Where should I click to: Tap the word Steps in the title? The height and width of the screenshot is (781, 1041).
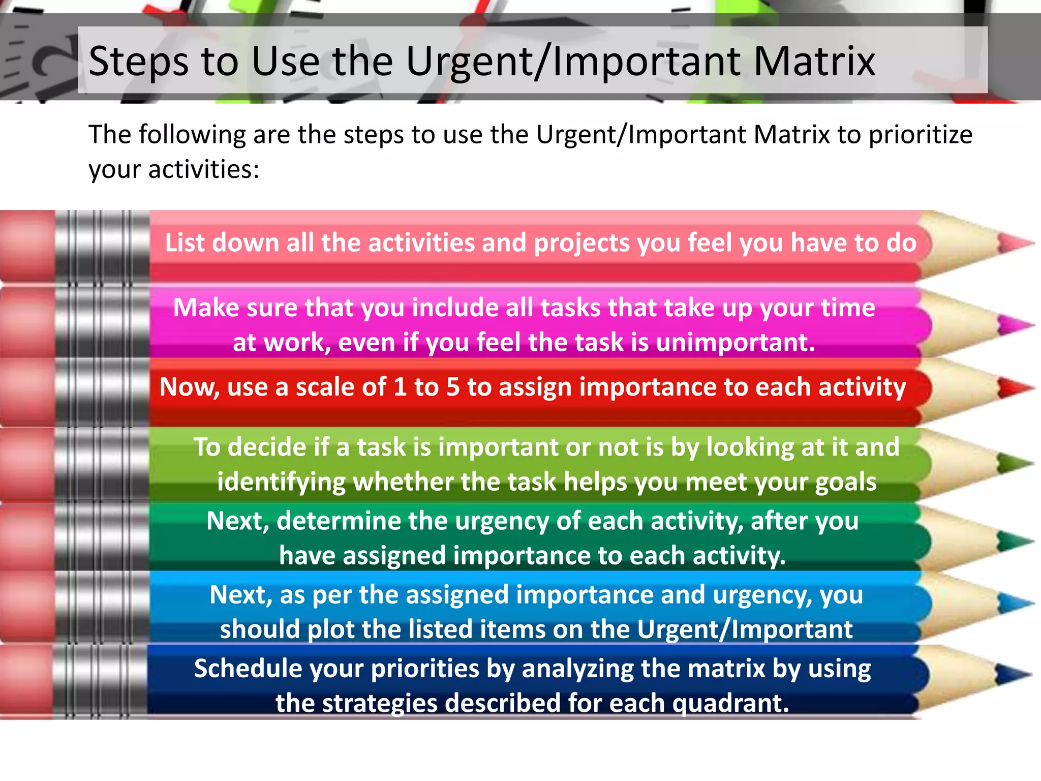click(x=138, y=62)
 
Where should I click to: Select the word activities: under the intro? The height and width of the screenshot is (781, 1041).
click(x=203, y=169)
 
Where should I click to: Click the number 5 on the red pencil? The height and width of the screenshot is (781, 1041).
click(x=452, y=387)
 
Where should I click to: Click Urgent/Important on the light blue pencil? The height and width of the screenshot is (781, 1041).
click(x=744, y=629)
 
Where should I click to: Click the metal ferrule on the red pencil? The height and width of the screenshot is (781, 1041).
click(x=102, y=392)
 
